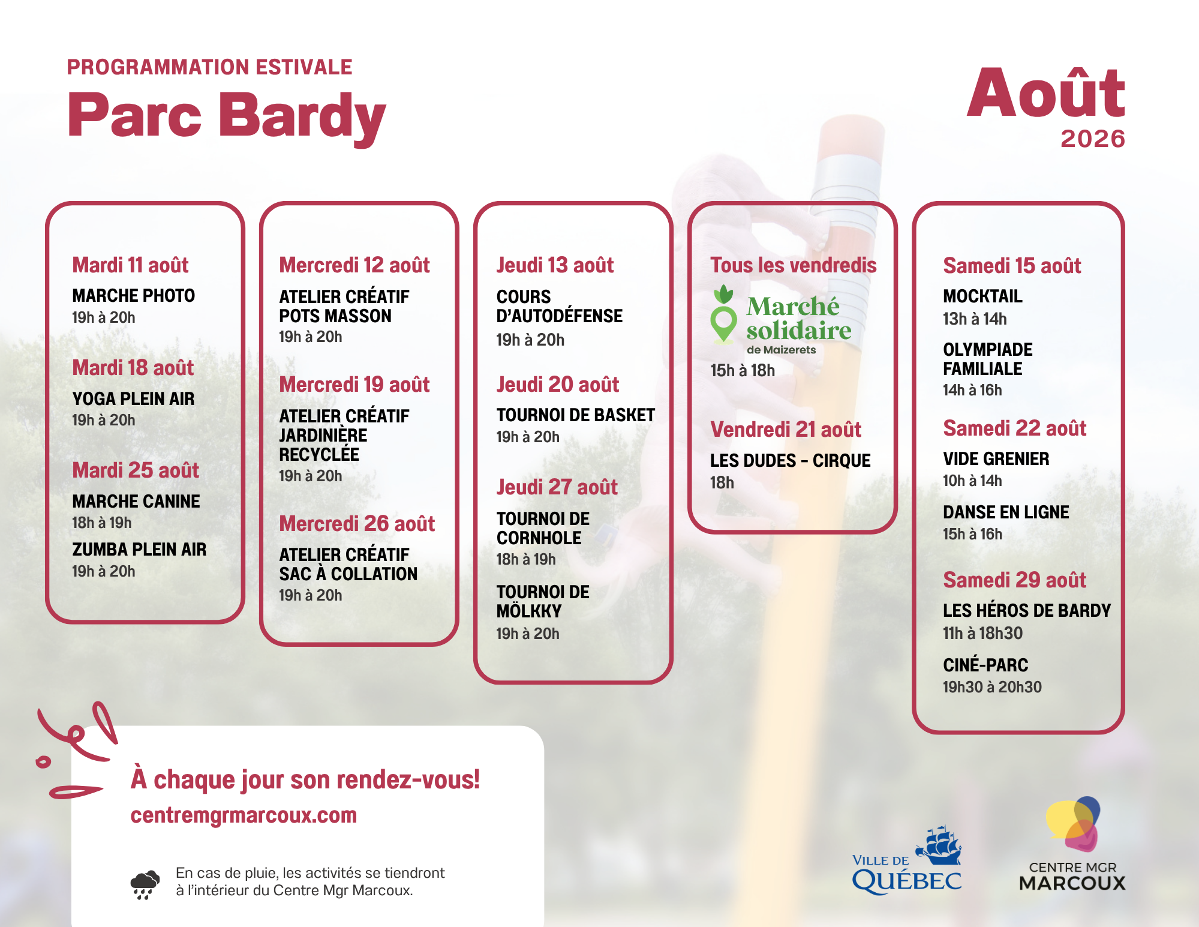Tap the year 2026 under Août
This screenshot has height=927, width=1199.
point(1092,139)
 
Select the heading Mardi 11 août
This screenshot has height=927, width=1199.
point(130,265)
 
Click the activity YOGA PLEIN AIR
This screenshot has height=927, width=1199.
point(133,399)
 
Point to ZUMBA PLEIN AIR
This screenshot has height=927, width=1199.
point(139,550)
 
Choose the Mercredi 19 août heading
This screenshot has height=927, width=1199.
point(354,385)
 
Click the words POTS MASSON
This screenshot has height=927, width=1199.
point(335,316)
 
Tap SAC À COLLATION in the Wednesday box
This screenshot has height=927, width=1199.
point(348,574)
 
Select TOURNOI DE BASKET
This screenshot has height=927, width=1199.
point(575,415)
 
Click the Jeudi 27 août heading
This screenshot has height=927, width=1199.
point(557,487)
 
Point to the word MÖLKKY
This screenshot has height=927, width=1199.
point(529,611)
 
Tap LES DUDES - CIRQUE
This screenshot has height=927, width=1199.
point(790,461)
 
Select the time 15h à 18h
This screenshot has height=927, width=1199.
point(743,371)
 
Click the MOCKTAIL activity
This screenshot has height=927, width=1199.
point(982,296)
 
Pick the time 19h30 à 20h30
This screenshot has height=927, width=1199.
point(992,687)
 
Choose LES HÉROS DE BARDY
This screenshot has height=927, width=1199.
point(1027,611)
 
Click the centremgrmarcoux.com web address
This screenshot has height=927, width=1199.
point(244,815)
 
